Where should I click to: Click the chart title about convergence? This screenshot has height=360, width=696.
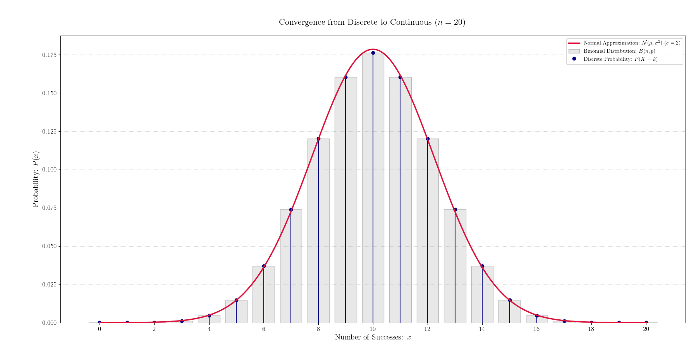[372, 22]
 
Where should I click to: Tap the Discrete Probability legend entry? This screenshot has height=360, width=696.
[620, 59]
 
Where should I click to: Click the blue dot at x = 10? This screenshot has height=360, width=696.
[373, 53]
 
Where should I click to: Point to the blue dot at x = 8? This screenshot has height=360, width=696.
[318, 139]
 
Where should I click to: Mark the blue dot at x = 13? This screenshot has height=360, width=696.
[455, 210]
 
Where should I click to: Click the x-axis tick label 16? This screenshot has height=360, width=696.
[536, 329]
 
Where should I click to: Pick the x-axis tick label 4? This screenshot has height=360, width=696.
[209, 329]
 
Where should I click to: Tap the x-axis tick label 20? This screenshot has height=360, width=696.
[646, 329]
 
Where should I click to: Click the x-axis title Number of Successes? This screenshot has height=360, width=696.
[373, 338]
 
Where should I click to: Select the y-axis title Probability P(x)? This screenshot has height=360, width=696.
[36, 179]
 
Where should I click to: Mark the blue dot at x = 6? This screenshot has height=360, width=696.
[264, 266]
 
